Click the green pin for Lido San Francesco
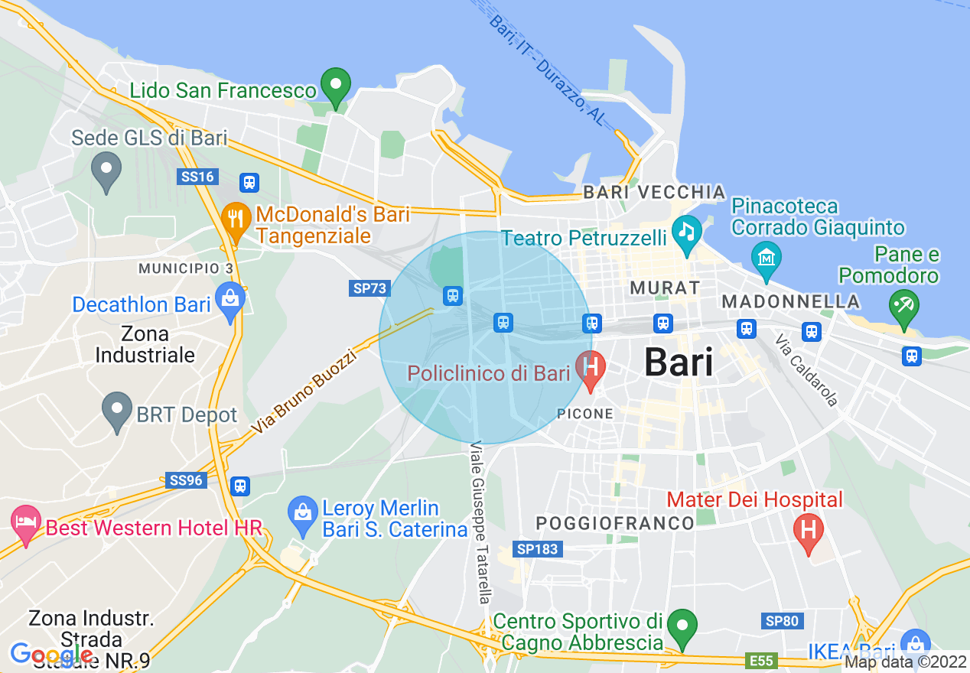[x=335, y=86]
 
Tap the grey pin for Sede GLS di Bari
[x=106, y=171]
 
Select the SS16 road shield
[x=198, y=177]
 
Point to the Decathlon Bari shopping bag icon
[x=230, y=301]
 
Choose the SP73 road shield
[x=370, y=288]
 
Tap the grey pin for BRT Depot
[x=117, y=411]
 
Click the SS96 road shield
[x=186, y=480]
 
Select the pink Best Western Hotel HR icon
[x=26, y=524]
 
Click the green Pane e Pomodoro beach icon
[x=904, y=307]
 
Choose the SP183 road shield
[x=537, y=549]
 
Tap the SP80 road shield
[x=782, y=621]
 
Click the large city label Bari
[x=679, y=362]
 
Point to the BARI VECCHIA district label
[x=654, y=192]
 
